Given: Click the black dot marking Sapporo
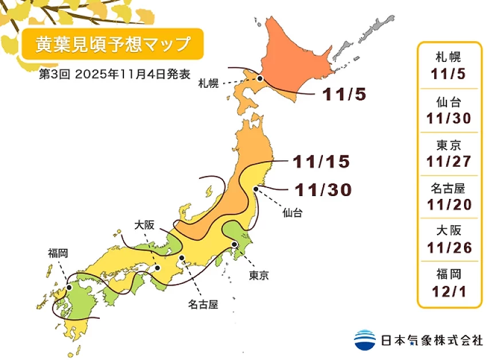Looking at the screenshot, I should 260,79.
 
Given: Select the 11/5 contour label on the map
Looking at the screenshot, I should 344,95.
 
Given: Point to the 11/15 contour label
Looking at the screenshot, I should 321,162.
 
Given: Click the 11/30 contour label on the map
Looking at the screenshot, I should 322,190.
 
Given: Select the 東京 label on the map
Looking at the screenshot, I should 259,275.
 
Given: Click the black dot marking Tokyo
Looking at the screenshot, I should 235,245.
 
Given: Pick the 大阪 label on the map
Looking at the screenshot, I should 145,225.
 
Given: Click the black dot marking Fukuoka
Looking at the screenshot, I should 68,288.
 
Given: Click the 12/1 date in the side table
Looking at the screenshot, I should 450,292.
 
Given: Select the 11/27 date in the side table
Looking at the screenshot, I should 450,162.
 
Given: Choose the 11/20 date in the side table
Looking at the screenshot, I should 450,205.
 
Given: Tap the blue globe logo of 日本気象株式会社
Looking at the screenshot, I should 365,340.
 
